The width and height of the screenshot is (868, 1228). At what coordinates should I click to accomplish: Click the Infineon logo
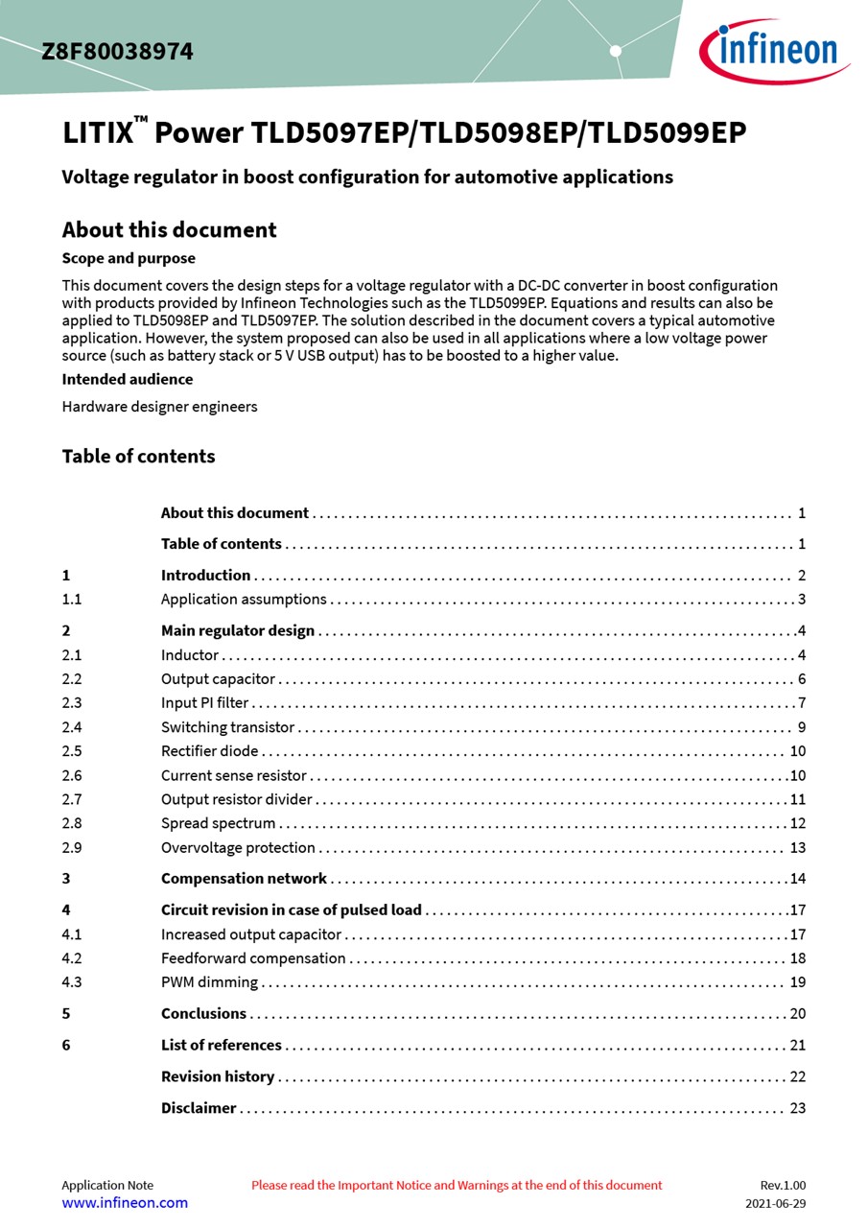(x=774, y=49)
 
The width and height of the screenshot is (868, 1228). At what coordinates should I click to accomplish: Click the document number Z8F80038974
(x=117, y=52)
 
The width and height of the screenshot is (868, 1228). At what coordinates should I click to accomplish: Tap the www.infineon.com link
(x=125, y=1202)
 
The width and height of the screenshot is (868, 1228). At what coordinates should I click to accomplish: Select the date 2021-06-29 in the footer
(x=775, y=1203)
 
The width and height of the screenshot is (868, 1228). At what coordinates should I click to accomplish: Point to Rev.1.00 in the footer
(x=783, y=1185)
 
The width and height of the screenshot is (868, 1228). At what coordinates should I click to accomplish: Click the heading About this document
(x=169, y=230)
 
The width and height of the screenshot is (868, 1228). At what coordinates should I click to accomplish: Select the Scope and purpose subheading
(x=129, y=258)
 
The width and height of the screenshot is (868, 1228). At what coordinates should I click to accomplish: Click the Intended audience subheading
(x=128, y=379)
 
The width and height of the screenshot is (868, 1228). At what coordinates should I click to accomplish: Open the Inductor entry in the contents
(x=190, y=655)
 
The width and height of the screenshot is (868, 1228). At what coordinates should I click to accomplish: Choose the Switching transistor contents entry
(x=227, y=727)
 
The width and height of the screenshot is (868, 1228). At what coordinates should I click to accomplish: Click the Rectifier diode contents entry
(x=209, y=751)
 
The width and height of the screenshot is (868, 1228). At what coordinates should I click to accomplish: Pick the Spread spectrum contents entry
(x=218, y=823)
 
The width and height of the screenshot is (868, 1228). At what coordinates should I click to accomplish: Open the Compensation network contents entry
(x=244, y=879)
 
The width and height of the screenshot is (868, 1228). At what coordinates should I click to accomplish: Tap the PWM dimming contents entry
(x=209, y=981)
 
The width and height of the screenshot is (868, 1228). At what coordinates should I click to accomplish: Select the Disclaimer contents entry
(x=199, y=1108)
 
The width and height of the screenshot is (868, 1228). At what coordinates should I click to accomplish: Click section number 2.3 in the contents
(x=72, y=703)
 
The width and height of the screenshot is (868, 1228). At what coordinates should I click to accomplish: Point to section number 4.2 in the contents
(x=72, y=957)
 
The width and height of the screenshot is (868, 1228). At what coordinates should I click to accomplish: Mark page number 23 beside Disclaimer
(x=797, y=1108)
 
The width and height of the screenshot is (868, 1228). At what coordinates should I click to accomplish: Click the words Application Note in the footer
(x=107, y=1185)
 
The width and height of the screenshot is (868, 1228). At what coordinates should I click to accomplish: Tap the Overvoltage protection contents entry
(x=238, y=847)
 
